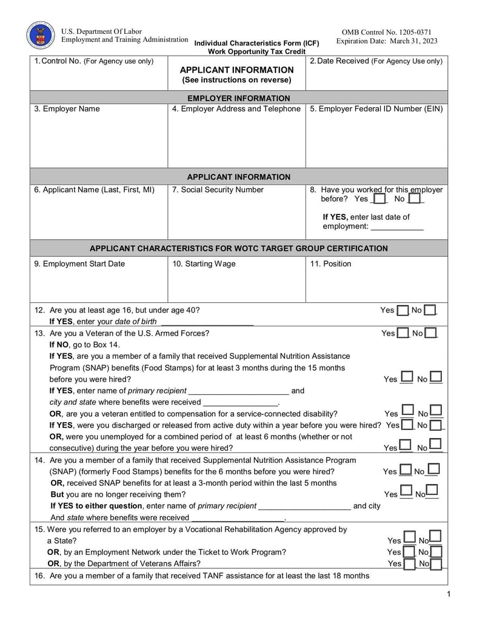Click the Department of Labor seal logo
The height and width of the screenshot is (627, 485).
point(41,35)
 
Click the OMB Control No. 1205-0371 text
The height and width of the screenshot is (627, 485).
point(386,32)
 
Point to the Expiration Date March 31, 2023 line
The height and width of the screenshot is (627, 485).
point(386,41)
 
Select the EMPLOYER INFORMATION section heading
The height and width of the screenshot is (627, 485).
point(238,98)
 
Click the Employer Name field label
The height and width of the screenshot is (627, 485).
point(67,109)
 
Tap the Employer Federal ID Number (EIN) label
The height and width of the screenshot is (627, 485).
point(376,109)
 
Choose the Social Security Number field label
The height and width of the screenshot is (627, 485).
point(218,190)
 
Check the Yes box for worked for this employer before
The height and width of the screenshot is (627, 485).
point(379,199)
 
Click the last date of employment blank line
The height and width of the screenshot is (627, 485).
point(396,228)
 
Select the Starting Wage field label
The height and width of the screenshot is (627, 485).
point(204,264)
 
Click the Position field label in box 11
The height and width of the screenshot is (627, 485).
point(330,264)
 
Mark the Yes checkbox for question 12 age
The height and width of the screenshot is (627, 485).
point(403,311)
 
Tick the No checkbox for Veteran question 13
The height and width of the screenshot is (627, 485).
point(430,333)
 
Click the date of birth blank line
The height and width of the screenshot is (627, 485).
point(206,323)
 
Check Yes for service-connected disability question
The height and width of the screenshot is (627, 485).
point(407,413)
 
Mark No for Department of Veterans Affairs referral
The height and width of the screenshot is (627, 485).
point(436,563)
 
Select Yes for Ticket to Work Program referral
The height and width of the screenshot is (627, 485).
point(409,552)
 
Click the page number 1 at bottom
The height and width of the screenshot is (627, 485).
point(449,594)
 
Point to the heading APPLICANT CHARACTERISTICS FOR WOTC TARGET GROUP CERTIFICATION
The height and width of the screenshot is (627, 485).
point(238,248)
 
